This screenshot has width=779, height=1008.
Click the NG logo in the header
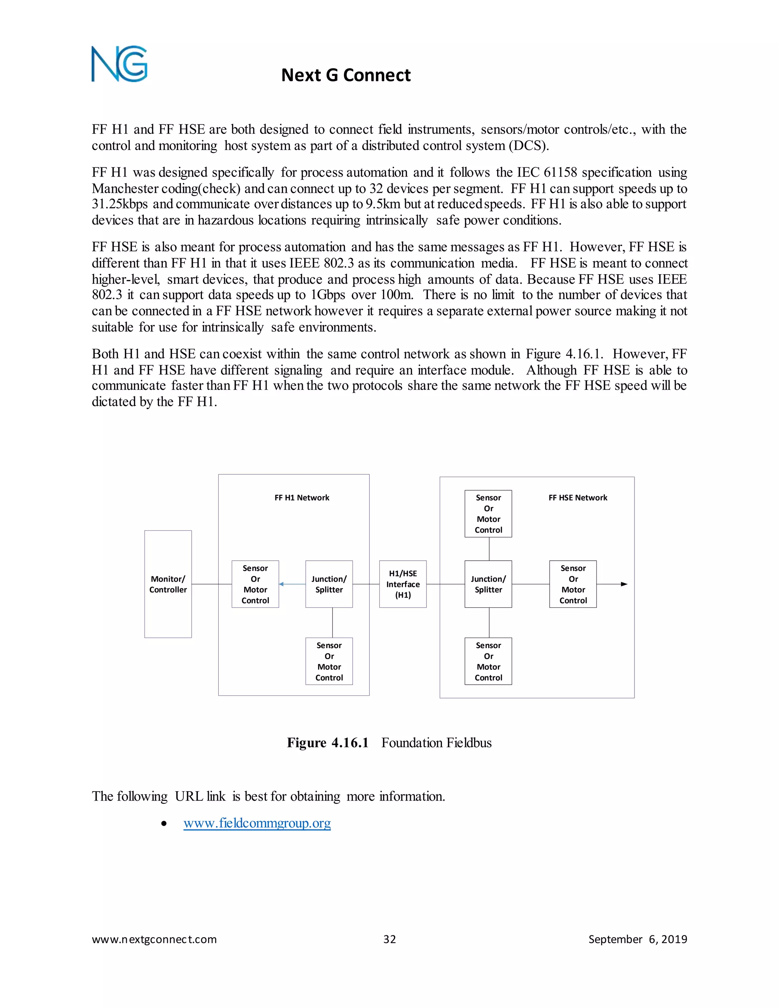pyautogui.click(x=119, y=64)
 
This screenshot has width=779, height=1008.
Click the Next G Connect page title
pyautogui.click(x=346, y=75)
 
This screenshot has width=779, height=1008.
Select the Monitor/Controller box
pyautogui.click(x=168, y=584)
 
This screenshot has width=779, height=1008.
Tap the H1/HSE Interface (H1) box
pyautogui.click(x=402, y=584)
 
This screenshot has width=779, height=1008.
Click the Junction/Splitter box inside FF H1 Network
pyautogui.click(x=329, y=584)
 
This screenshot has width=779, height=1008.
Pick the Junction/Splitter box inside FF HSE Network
pyautogui.click(x=488, y=584)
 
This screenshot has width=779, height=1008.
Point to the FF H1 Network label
pyautogui.click(x=302, y=498)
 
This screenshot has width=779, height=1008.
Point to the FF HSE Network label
pyautogui.click(x=578, y=498)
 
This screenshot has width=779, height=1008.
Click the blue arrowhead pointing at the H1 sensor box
pyautogui.click(x=281, y=584)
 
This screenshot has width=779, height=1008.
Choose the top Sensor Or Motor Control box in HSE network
pyautogui.click(x=488, y=514)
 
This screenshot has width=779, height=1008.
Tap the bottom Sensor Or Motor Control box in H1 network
pyautogui.click(x=329, y=661)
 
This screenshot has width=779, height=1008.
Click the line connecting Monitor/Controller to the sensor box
pyautogui.click(x=211, y=584)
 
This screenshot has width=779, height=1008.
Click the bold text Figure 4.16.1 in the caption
pyautogui.click(x=327, y=742)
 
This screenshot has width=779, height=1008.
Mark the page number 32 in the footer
pyautogui.click(x=389, y=939)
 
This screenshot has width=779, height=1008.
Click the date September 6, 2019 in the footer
pyautogui.click(x=638, y=939)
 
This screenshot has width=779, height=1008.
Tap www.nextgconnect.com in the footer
pyautogui.click(x=154, y=939)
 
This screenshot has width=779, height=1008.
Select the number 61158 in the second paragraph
pyautogui.click(x=560, y=173)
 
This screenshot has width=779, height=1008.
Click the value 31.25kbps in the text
pyautogui.click(x=119, y=204)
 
